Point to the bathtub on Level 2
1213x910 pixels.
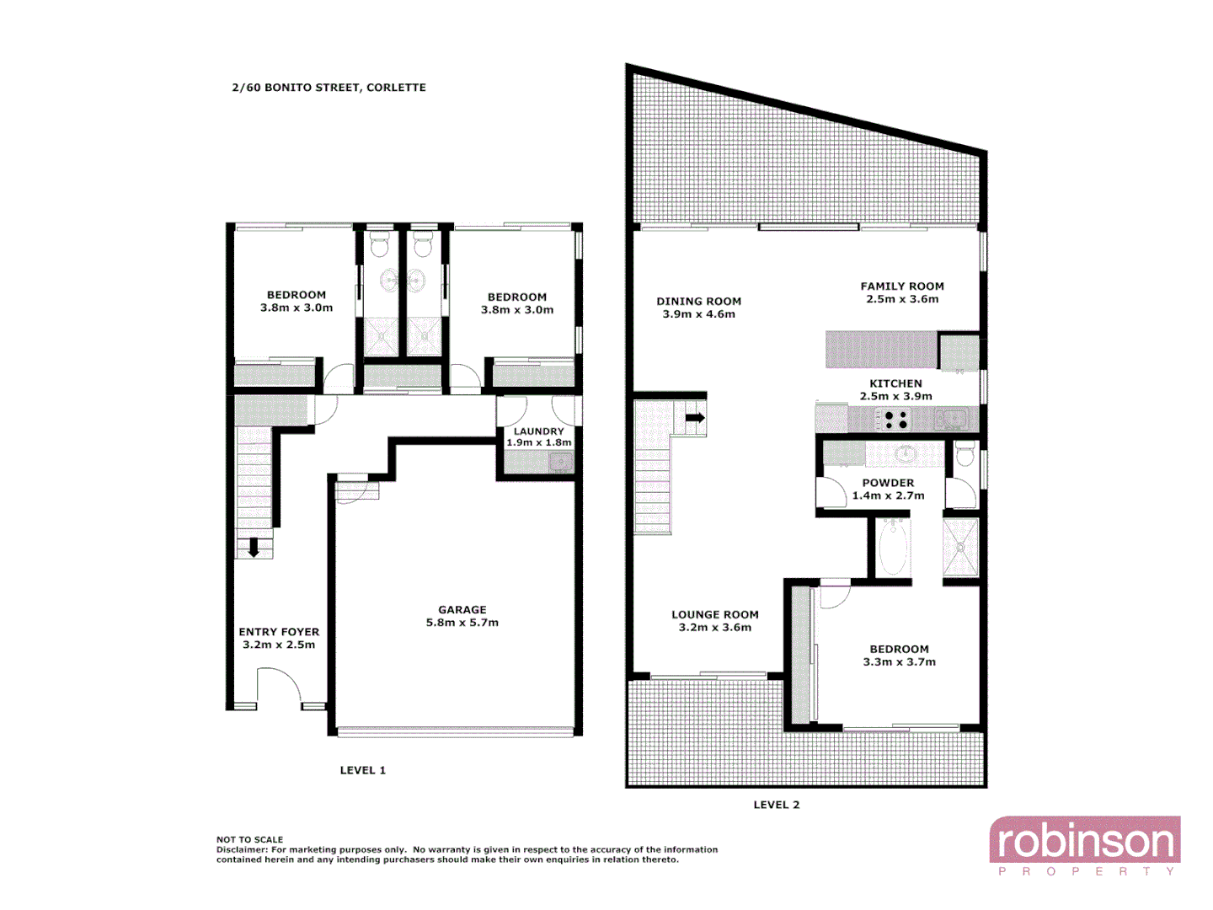coord(892,548)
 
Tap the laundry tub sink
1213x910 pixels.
coord(559,462)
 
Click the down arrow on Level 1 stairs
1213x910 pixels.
coord(253,549)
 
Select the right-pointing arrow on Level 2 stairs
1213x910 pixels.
coord(695,417)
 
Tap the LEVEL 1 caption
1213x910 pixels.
coord(362,770)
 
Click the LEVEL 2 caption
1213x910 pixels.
coord(776,805)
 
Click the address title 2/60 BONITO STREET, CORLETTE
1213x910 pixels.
coord(329,88)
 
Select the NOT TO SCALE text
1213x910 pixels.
coord(249,839)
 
